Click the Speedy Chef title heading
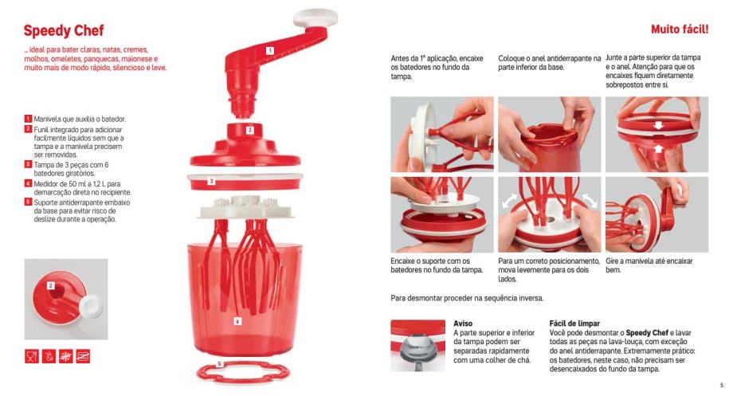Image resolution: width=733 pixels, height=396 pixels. [x=64, y=31]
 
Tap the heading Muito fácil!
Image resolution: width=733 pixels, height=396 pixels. [x=680, y=29]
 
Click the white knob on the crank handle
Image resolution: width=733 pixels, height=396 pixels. [x=316, y=18]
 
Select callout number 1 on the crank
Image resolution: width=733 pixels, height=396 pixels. [x=270, y=50]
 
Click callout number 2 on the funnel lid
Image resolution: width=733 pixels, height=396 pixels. [x=250, y=130]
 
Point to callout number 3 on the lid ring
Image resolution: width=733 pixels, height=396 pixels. [x=211, y=181]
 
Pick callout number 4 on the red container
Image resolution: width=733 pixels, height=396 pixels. [x=237, y=321]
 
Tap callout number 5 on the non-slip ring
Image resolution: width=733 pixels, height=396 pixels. [x=220, y=364]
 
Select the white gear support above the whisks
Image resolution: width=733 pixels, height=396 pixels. [x=246, y=208]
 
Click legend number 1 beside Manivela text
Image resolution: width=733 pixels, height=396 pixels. [x=28, y=119]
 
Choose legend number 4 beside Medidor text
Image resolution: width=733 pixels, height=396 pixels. [x=28, y=184]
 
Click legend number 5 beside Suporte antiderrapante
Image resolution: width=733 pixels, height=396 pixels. [x=28, y=202]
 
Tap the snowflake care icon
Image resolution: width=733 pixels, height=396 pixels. [x=66, y=356]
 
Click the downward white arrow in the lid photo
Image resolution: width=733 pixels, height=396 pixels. [x=658, y=125]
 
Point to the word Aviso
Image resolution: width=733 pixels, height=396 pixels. [x=463, y=323]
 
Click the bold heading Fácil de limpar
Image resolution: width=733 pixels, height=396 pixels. [x=574, y=323]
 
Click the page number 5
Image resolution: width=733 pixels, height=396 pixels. [x=722, y=386]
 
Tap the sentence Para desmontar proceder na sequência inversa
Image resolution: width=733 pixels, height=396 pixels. [x=467, y=298]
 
